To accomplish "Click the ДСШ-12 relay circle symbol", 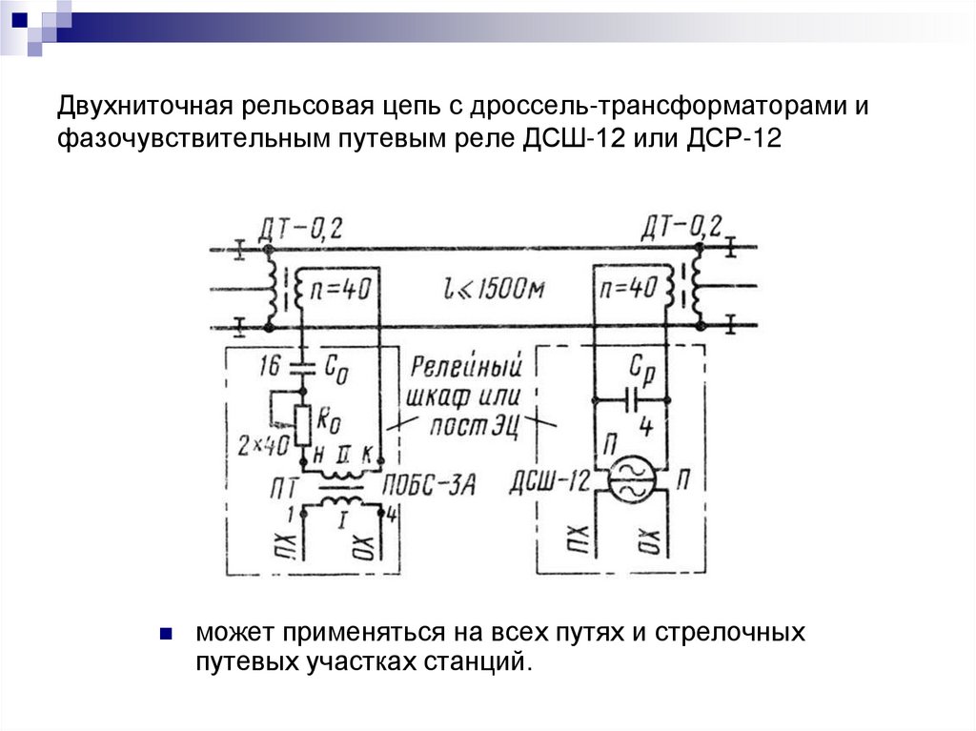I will point(629,479).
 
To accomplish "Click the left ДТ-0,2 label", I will point(300,229).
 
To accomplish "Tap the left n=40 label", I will point(340,288).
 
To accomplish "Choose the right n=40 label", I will point(630,287).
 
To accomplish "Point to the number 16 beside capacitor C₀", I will point(271,364).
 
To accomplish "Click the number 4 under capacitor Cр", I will point(646,428).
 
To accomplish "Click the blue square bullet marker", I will point(165,632).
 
